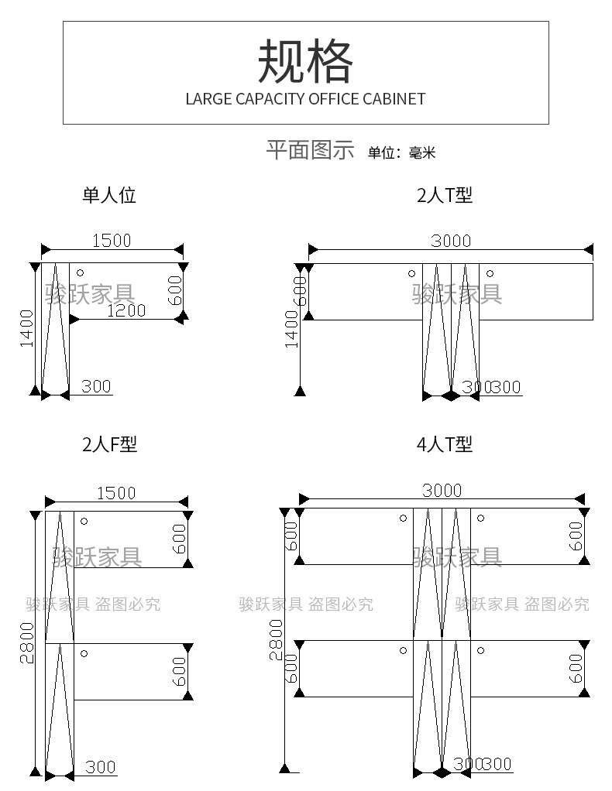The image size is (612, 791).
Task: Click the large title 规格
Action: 305,61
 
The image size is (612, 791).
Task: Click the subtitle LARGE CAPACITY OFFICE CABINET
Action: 305,99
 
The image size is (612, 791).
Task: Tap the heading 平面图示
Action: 310,150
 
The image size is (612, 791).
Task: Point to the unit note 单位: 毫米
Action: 401,152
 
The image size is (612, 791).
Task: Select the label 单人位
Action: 109,195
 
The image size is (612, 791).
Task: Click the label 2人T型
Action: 445,195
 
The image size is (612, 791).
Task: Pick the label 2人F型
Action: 109,444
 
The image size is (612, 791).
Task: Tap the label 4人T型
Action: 445,444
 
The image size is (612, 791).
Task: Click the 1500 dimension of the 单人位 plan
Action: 112,241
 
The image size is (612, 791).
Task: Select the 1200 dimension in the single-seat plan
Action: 126,310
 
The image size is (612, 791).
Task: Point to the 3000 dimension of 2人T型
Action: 451,241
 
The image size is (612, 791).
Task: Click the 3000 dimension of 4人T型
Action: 442,491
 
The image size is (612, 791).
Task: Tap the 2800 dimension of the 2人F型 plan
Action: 27,642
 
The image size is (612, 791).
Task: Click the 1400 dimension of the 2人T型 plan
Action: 292,328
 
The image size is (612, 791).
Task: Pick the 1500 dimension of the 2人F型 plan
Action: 116,493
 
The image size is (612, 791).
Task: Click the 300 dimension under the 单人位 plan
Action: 96,386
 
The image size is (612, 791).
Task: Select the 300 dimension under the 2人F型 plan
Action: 101,767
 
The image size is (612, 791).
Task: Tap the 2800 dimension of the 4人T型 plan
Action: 276,642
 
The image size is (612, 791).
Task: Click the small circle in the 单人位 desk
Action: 80,272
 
